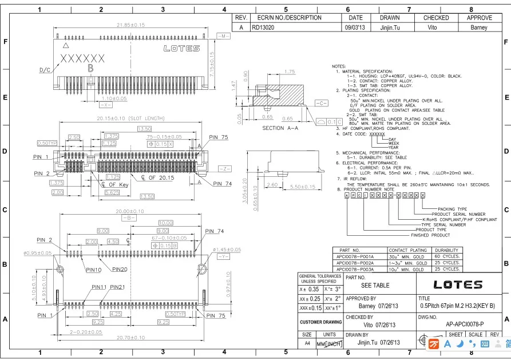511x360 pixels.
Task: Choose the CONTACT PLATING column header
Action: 408,250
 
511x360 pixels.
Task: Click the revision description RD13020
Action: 263,27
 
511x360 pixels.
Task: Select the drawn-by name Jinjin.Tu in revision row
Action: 389,27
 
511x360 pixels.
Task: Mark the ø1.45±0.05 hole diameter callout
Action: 227,250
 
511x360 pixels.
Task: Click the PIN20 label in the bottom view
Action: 120,269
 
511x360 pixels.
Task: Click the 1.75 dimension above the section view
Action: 289,72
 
